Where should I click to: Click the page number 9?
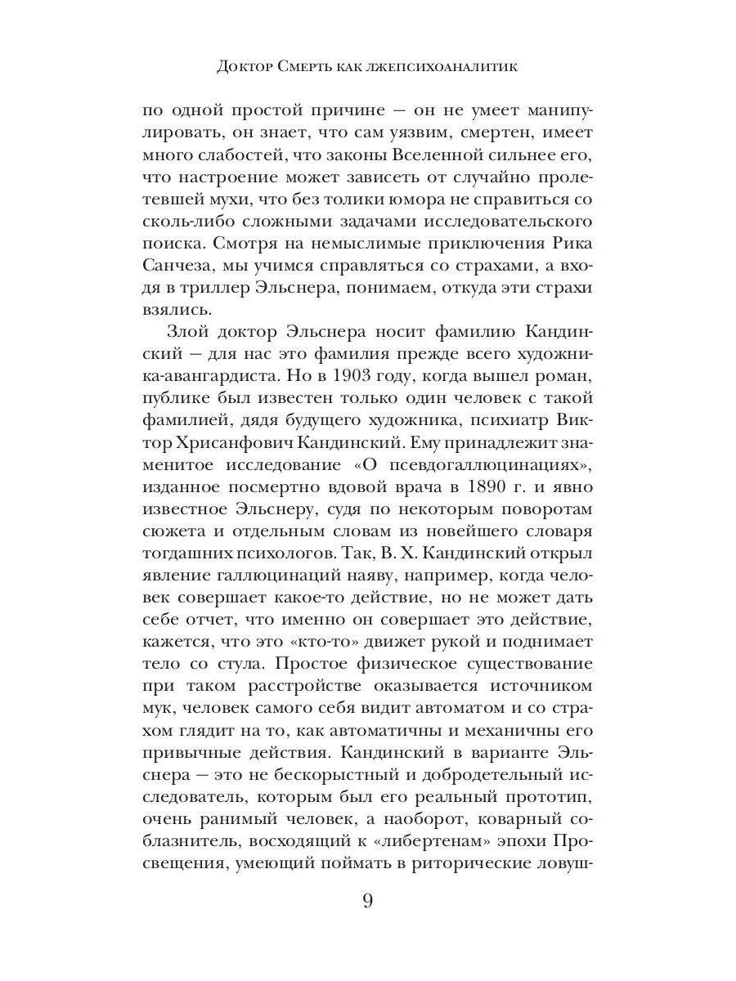click(367, 903)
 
